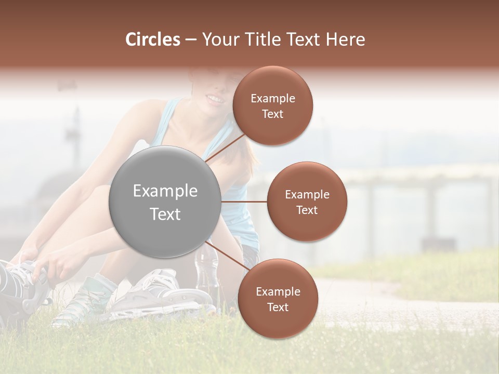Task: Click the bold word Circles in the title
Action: tap(152, 39)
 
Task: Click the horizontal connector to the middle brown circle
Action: tap(244, 202)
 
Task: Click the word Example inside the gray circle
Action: tap(165, 191)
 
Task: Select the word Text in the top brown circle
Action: tap(272, 114)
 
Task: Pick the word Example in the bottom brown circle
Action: tap(278, 292)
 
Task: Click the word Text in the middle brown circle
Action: tap(307, 210)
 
